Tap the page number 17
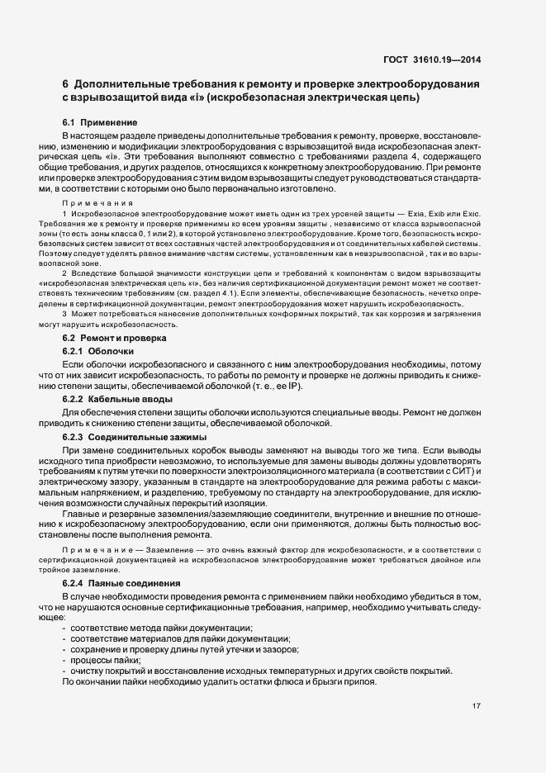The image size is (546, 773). pyautogui.click(x=477, y=705)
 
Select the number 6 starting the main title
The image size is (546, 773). pyautogui.click(x=65, y=84)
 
